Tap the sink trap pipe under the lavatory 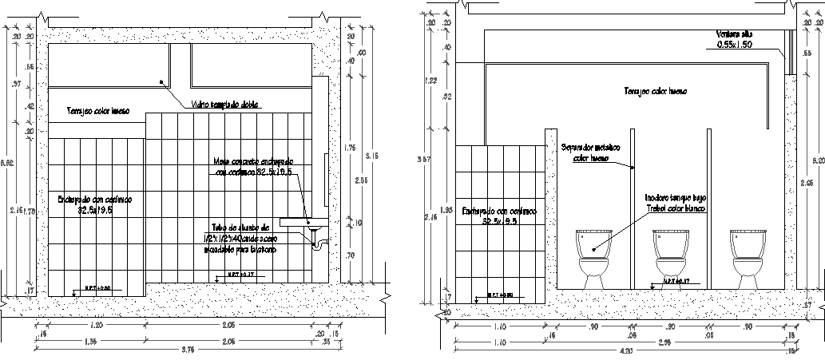pyautogui.click(x=318, y=236)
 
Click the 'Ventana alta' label pyautogui.click(x=735, y=34)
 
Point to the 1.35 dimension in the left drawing pyautogui.click(x=89, y=341)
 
